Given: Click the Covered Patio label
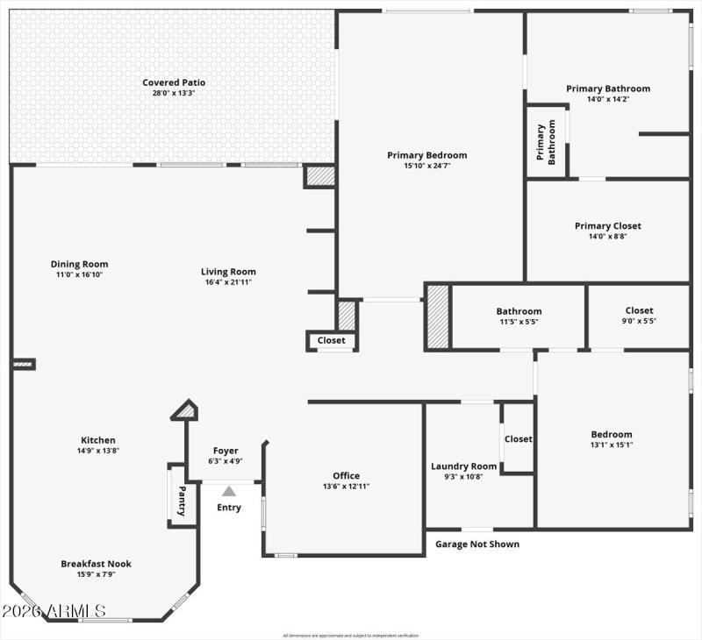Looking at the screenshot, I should tap(174, 82).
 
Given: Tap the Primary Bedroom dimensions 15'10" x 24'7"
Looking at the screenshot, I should tap(426, 166).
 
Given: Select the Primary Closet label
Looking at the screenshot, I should tap(607, 225).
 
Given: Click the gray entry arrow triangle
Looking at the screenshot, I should tap(228, 492).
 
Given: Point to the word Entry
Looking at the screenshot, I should tap(228, 508).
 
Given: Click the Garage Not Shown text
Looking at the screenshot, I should tap(476, 544).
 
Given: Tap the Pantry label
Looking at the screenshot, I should tap(182, 501).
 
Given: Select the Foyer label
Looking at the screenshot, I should tap(226, 451).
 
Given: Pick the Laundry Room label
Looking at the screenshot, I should tap(463, 466).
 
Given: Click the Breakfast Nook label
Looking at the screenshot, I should tap(96, 564).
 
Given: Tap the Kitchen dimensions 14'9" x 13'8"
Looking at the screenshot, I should tap(98, 451).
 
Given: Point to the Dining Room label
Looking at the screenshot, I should tap(79, 264).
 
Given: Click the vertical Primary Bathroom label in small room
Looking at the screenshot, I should tap(546, 142).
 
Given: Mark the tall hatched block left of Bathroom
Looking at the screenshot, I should tap(437, 316).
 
